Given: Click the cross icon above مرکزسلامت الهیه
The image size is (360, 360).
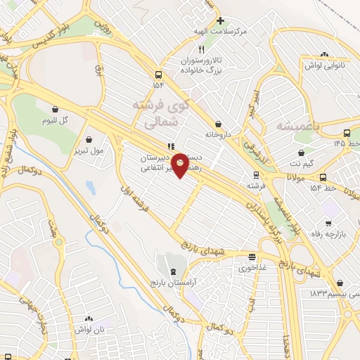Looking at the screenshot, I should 220,21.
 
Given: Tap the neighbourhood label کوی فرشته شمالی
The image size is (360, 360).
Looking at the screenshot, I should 162,112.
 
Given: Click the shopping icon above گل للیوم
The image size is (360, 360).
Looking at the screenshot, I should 55,108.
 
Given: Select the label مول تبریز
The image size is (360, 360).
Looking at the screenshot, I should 89,150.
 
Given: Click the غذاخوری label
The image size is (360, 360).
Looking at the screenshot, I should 251,268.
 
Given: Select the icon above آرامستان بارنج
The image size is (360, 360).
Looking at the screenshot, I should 173,271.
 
